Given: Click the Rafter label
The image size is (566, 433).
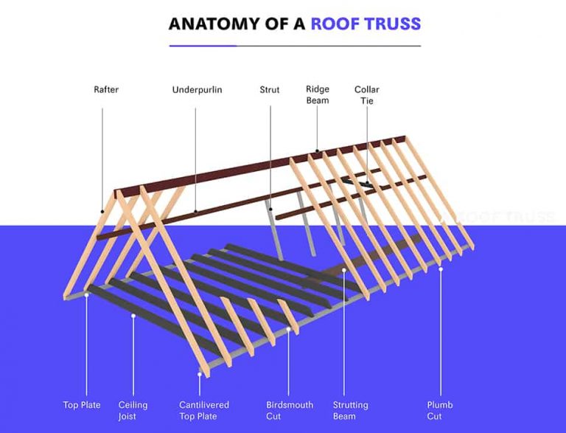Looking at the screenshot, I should [106, 90].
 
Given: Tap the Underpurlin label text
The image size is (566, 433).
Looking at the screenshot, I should [197, 90].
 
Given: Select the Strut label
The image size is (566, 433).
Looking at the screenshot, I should [270, 90].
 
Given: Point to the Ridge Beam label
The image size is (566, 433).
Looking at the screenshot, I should [318, 95].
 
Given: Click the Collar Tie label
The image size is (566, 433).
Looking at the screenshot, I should [366, 95].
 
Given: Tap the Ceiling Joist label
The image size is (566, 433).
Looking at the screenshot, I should [133, 410].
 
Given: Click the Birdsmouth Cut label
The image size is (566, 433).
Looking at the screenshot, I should [290, 410].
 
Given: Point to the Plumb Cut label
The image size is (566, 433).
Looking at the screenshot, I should [440, 410].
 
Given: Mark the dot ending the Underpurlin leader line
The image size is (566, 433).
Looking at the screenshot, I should [196, 212].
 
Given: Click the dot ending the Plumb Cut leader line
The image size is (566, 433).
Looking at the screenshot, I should [440, 269].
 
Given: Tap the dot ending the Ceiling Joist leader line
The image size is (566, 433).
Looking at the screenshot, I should [133, 315].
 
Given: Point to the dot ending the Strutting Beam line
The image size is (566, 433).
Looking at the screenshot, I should [343, 271].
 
